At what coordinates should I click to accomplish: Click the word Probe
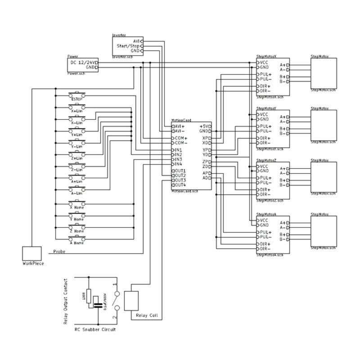point(60,252)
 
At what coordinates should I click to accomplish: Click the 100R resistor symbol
point(89,296)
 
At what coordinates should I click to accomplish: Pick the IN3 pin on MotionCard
point(178,159)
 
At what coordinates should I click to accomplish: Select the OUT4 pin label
point(180,185)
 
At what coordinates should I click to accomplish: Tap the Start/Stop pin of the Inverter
point(128,46)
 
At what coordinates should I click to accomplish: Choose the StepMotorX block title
point(266,56)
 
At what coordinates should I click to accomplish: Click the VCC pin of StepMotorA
point(264,220)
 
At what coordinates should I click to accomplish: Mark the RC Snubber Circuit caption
point(94,330)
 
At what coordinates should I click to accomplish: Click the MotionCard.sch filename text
point(184,191)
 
